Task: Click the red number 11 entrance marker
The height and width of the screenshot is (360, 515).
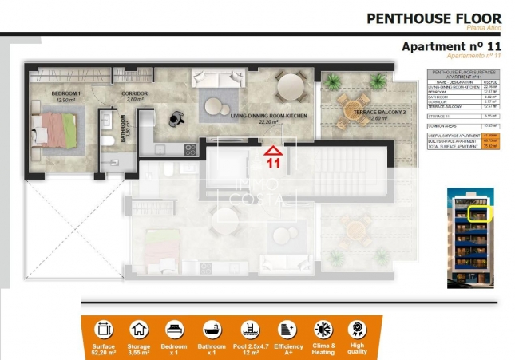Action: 273,163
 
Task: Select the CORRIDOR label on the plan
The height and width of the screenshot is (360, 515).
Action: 133,94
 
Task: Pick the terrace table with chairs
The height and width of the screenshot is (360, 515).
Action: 351,110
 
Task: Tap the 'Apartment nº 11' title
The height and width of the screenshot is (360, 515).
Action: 451,46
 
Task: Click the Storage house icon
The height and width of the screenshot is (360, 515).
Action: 139,329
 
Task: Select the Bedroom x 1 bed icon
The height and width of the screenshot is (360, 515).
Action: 175,329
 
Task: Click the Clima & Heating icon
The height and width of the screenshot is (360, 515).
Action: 323,329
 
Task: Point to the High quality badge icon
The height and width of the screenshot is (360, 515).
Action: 357,329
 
